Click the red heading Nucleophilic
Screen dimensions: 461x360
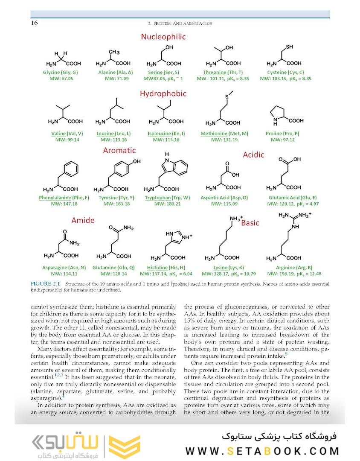coord(163,37)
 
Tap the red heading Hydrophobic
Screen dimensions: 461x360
coord(163,93)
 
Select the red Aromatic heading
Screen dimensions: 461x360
coord(119,150)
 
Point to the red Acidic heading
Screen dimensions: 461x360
coord(254,155)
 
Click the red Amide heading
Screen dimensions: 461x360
coord(83,220)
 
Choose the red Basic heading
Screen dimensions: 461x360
coord(250,223)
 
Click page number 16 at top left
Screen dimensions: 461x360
coord(34,23)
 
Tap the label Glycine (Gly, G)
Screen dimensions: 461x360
coord(58,73)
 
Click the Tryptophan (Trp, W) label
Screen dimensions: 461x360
coord(167,198)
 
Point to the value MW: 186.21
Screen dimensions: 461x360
coord(167,204)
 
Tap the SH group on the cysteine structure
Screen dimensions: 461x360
coord(289,47)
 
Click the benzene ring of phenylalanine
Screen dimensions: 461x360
coord(72,169)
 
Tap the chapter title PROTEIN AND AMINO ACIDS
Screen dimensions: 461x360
coord(180,23)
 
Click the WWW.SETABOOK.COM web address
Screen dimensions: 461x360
coord(262,451)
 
